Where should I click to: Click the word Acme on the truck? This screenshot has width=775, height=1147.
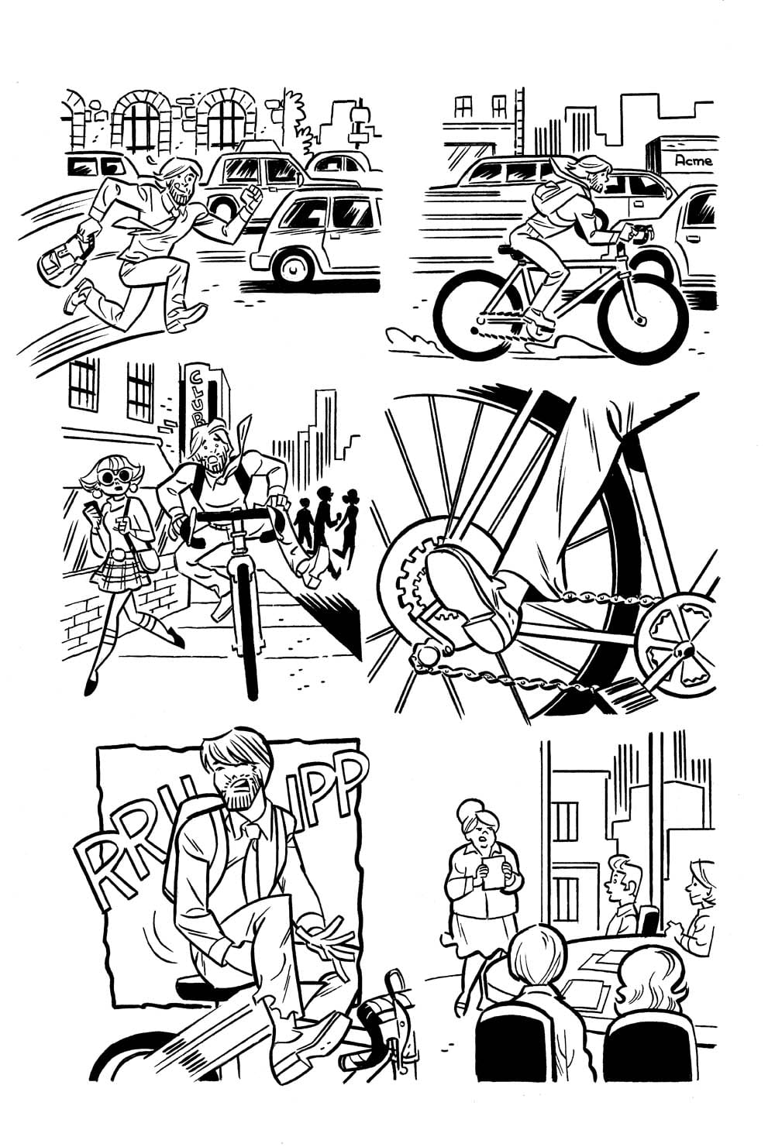pos(693,160)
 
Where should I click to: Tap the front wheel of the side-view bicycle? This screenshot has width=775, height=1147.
pos(642,314)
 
